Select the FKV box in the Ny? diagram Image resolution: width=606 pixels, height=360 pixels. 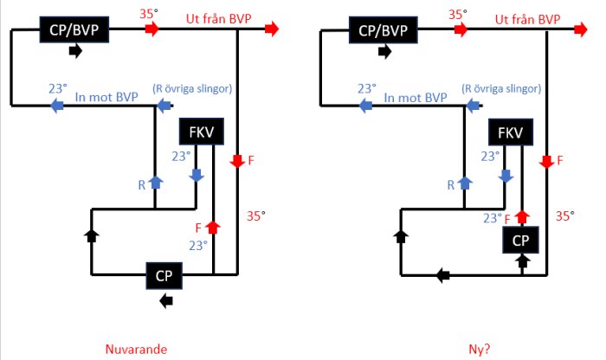click(511, 132)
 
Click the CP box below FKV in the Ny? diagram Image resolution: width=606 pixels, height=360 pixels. click(521, 239)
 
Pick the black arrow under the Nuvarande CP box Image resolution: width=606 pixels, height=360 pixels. click(166, 300)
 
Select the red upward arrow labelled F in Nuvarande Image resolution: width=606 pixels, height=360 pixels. click(213, 227)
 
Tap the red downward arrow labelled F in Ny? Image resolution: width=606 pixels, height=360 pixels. click(546, 161)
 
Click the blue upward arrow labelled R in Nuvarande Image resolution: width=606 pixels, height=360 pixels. click(155, 182)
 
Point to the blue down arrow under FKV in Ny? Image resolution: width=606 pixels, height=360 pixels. click(505, 175)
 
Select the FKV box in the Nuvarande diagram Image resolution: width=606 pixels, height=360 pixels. click(201, 132)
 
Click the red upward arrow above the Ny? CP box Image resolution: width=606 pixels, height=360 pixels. click(522, 215)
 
